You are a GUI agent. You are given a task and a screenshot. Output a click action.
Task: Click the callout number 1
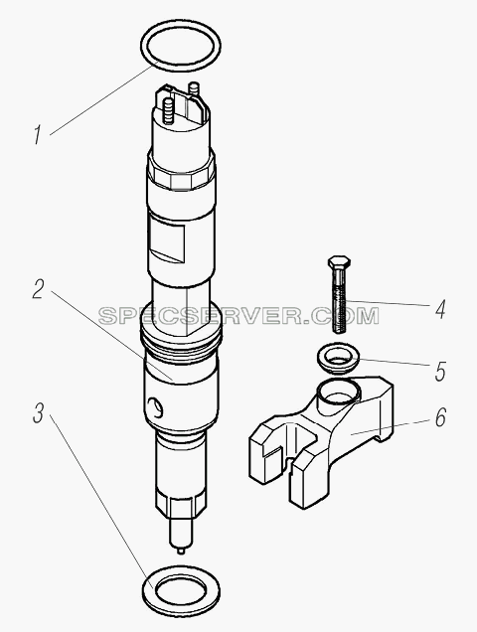click(38, 134)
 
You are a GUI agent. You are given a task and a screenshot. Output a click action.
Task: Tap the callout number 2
click(39, 289)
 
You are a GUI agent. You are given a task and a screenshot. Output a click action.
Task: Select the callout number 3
click(39, 413)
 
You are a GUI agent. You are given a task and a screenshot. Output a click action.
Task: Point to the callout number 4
click(439, 310)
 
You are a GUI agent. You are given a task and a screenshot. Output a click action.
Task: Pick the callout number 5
click(440, 372)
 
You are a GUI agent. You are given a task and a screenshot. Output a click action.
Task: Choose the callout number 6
click(440, 417)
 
